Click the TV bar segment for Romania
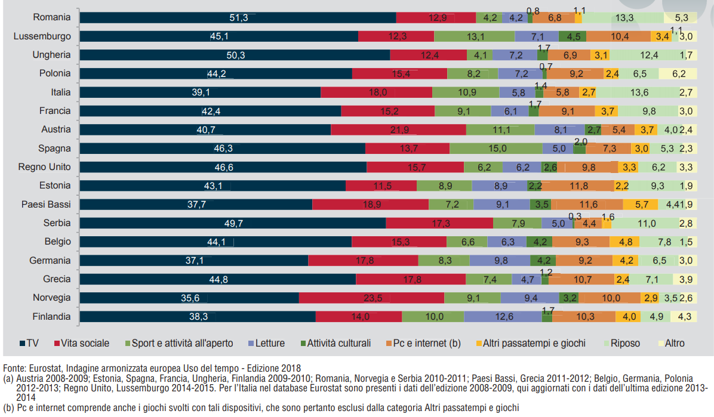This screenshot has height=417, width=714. click(x=238, y=18)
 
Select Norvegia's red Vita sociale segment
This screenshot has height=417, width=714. click(x=371, y=298)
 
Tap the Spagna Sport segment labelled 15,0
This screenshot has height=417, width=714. click(x=496, y=149)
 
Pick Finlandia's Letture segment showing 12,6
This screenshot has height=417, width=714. click(x=503, y=317)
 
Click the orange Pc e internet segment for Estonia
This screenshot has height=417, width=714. click(x=578, y=186)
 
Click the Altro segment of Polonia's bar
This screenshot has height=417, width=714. click(x=679, y=74)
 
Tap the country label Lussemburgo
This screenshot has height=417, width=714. click(x=42, y=36)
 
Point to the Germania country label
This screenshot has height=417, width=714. click(x=50, y=261)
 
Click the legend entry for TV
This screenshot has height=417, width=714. click(x=30, y=343)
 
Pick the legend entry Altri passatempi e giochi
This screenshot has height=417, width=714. click(x=531, y=343)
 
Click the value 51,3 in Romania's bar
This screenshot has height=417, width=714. click(x=238, y=18)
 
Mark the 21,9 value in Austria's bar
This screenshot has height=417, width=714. click(x=398, y=130)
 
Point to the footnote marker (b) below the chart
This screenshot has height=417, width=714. click(x=9, y=408)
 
